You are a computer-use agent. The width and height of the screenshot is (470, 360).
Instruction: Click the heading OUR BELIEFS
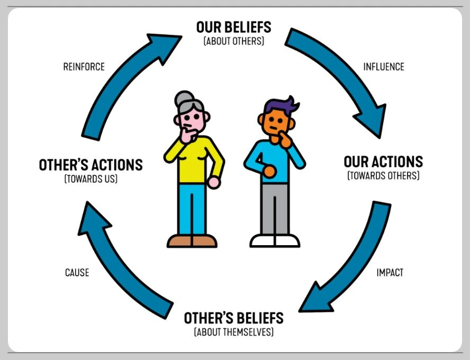tap(233, 27)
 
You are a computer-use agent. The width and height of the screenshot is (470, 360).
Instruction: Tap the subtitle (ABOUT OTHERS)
tap(233, 41)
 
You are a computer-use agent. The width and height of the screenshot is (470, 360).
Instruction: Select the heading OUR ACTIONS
tap(383, 161)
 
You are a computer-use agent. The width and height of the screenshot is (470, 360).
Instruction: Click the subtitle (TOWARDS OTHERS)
tap(383, 175)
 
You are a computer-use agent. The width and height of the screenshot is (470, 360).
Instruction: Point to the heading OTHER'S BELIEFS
tap(233, 318)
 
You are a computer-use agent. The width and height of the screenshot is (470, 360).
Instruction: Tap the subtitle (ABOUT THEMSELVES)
tap(233, 332)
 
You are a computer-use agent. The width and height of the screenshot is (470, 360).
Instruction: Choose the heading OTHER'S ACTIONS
tap(91, 165)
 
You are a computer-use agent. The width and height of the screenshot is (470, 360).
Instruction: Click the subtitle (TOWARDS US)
tap(91, 179)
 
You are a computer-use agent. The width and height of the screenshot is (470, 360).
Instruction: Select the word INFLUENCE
tap(383, 67)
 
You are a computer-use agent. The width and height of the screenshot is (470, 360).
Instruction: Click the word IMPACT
tap(390, 273)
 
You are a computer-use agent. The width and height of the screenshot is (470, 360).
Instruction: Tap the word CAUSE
tap(77, 273)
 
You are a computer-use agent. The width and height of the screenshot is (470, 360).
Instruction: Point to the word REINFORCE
tap(84, 67)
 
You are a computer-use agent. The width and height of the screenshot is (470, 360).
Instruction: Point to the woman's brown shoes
tap(192, 241)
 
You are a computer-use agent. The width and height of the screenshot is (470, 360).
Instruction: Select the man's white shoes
tap(275, 241)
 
